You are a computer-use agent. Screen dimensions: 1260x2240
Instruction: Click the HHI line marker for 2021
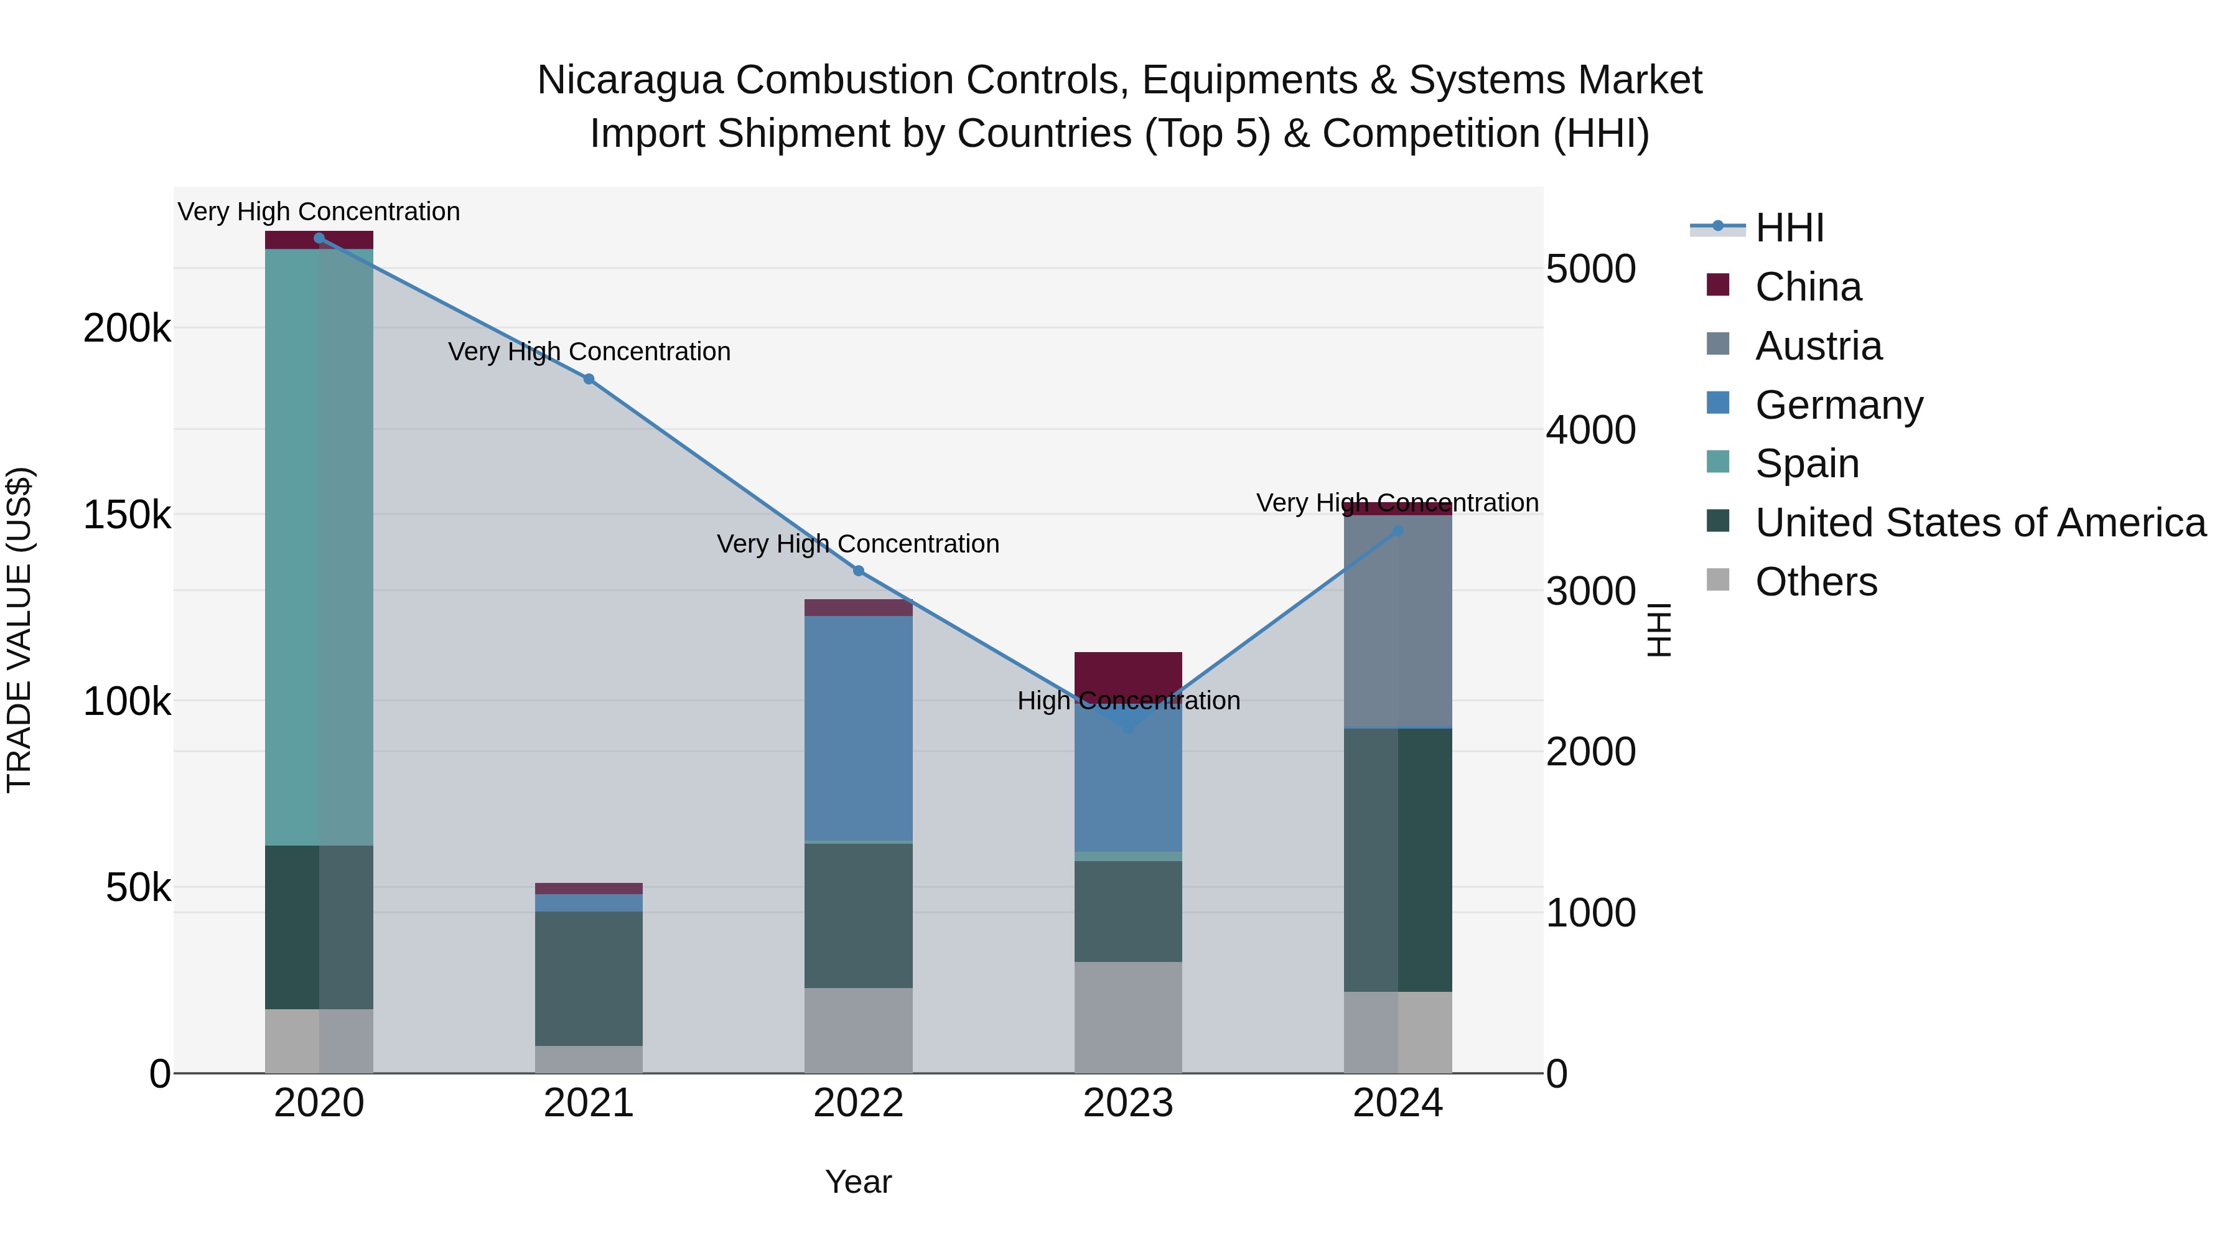coord(589,379)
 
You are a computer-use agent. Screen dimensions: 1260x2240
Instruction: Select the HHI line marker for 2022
coord(858,571)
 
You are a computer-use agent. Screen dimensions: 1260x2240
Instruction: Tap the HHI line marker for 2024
coord(1398,530)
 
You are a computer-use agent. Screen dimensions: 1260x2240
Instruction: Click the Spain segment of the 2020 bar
coord(318,548)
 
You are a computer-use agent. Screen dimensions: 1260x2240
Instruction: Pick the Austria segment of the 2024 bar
coord(1398,621)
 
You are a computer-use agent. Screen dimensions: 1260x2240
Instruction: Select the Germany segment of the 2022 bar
coord(858,729)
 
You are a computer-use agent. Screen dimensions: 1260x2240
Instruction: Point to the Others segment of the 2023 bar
coord(1128,1017)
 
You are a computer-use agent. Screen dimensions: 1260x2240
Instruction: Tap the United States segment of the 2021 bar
coord(589,978)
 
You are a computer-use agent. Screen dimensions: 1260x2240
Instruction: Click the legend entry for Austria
coord(1818,346)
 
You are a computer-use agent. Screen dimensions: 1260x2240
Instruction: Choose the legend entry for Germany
coord(1838,405)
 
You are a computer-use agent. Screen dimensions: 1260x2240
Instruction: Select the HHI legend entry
coord(1790,228)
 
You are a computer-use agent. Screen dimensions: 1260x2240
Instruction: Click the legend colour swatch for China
coord(1717,285)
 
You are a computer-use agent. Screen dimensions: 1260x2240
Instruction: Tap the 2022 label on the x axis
coord(858,1103)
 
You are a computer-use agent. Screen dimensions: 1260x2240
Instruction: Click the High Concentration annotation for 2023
coord(1128,701)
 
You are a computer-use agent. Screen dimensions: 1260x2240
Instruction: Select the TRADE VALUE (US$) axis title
coord(19,630)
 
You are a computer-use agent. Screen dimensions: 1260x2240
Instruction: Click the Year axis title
coord(858,1182)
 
